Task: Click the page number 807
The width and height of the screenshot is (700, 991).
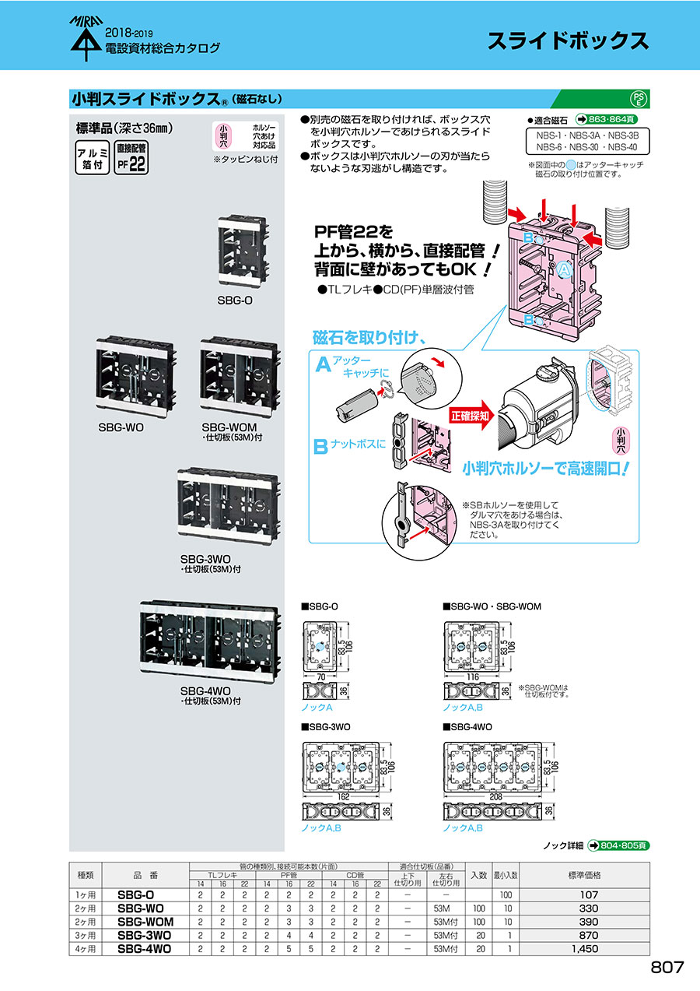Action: tap(667, 968)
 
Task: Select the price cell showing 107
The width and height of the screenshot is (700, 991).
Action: tap(588, 895)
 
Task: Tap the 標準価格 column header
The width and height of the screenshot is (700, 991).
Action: tap(585, 875)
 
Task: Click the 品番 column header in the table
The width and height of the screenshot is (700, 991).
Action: tap(145, 875)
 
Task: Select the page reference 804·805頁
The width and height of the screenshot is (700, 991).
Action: tap(618, 845)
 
